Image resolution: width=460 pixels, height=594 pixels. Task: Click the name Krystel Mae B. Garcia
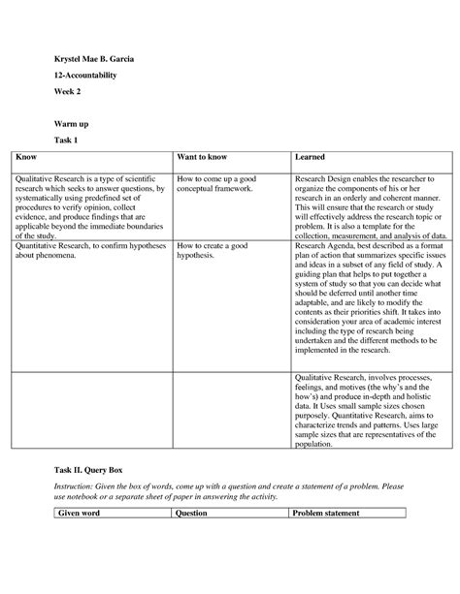click(94, 61)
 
